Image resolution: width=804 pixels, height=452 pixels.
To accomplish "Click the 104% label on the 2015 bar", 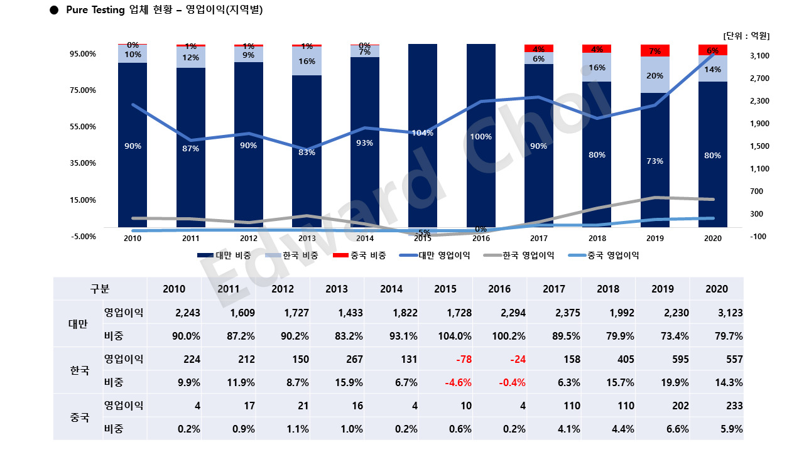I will point(423,132).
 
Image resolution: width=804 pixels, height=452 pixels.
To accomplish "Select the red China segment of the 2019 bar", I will point(655,50).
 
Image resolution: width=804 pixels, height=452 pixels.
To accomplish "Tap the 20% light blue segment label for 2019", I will point(655,75).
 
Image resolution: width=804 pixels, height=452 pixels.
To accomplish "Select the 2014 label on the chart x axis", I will point(365,239).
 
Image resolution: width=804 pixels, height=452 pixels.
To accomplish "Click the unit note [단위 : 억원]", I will point(746,36).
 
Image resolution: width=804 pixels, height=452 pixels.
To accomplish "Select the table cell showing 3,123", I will point(729,313).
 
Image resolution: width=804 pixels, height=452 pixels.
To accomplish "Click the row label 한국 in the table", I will point(79,370).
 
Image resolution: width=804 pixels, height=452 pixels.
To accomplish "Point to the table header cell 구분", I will point(100,289).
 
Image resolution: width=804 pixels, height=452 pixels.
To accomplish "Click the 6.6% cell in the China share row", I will point(676,429).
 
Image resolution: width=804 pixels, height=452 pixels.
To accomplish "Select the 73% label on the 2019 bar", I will point(655,161).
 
